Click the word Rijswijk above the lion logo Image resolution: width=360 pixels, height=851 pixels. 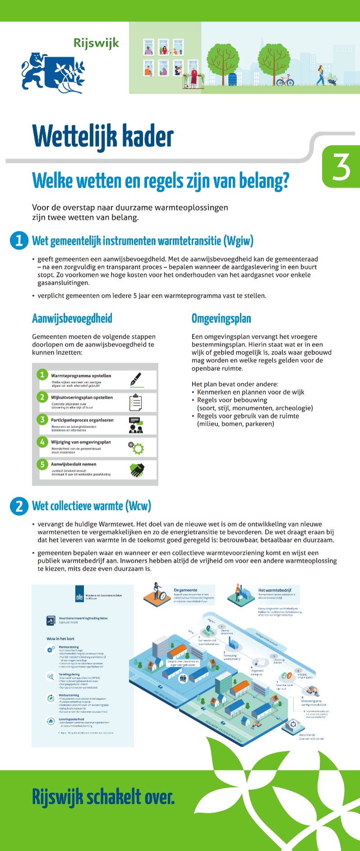coord(96,43)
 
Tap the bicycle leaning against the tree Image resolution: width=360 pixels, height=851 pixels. coord(285,81)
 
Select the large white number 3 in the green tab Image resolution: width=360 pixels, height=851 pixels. coord(341,167)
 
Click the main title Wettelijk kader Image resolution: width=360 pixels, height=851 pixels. coord(103,136)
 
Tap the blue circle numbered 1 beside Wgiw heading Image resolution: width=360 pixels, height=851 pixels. coord(19,240)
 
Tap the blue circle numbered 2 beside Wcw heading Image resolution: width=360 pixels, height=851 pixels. coord(19,506)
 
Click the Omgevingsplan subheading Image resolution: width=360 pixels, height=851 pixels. coord(221,318)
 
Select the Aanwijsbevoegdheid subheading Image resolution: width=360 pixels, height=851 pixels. coord(72,318)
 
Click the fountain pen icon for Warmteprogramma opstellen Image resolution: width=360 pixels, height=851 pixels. coord(136,379)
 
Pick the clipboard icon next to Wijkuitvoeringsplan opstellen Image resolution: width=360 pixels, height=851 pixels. coord(136,402)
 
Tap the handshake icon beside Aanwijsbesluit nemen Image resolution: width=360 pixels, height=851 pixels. coord(137,470)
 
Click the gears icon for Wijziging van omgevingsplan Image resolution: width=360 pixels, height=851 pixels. coord(136,447)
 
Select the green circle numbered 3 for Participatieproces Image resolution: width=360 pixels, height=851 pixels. coord(42,419)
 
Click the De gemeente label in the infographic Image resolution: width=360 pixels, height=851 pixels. coord(185,590)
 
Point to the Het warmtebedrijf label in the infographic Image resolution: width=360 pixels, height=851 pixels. coord(275,590)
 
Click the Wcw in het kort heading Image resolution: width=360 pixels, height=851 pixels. coord(60,639)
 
